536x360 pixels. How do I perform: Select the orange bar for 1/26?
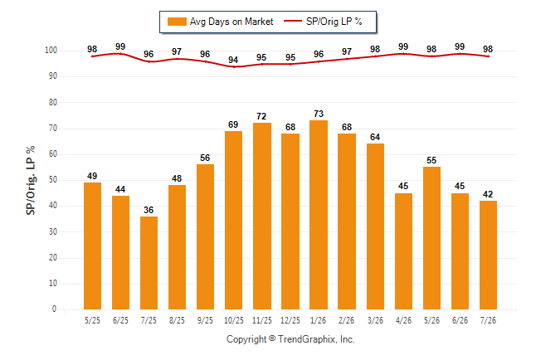coord(319,215)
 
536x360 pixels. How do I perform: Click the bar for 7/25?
coord(149,263)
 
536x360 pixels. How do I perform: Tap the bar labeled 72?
coord(262,216)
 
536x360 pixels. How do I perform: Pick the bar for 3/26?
coord(375,226)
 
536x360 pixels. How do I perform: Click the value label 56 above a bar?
coord(205,158)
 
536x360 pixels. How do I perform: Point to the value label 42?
coord(488,194)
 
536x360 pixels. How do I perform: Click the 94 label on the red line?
coord(233,60)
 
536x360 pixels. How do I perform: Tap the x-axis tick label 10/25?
coord(234,320)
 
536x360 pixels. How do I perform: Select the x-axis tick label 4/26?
coord(403,320)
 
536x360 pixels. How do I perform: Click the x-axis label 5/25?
coord(92,320)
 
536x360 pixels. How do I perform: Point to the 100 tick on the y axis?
coord(51,51)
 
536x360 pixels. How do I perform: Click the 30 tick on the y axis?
coord(52,231)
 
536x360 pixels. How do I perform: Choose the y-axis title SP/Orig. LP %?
coord(31,181)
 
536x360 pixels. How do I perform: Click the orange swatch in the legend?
coord(177,22)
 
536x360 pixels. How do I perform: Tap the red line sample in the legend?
coord(293,21)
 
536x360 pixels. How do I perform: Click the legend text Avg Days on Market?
coord(231,22)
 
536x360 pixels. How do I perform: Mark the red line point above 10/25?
coord(234,66)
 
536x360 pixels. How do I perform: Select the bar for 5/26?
coord(431,238)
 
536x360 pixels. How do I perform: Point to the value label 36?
coord(149,210)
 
